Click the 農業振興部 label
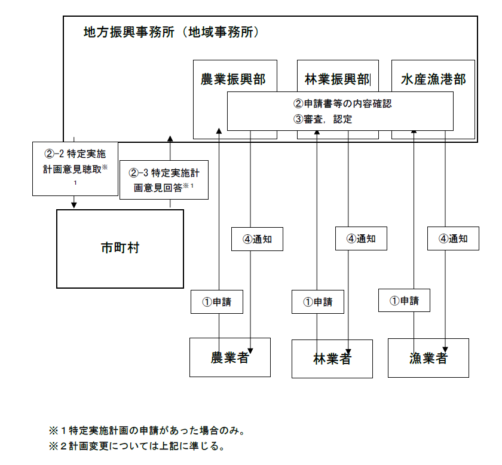[x=234, y=79]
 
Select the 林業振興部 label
[x=337, y=79]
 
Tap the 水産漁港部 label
[x=433, y=79]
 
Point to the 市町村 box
[x=120, y=248]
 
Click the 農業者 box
[x=230, y=357]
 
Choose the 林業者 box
[x=332, y=359]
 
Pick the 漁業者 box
[x=428, y=358]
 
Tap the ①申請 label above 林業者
[x=318, y=302]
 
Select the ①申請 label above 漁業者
[x=404, y=300]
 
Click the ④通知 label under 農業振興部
[x=257, y=239]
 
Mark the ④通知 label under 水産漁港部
[x=452, y=239]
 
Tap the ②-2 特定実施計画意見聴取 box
[x=75, y=168]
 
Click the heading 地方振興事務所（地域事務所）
[x=172, y=32]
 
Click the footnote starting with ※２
[x=136, y=446]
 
